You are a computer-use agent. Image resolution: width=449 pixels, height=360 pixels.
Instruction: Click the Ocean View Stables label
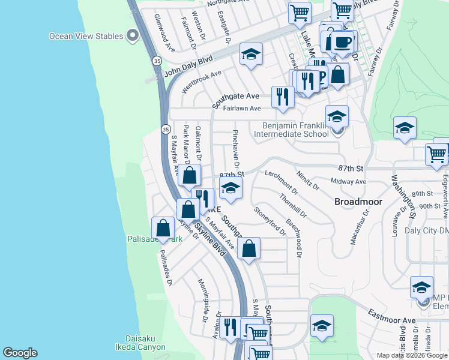(x=86, y=37)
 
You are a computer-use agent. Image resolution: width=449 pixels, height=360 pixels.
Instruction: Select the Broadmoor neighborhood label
(x=358, y=202)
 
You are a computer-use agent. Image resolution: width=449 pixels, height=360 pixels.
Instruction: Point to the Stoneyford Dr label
(x=270, y=220)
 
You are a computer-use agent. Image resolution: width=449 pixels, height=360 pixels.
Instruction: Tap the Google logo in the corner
(x=20, y=352)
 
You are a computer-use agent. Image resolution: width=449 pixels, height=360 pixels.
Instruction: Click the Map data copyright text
(x=412, y=355)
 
